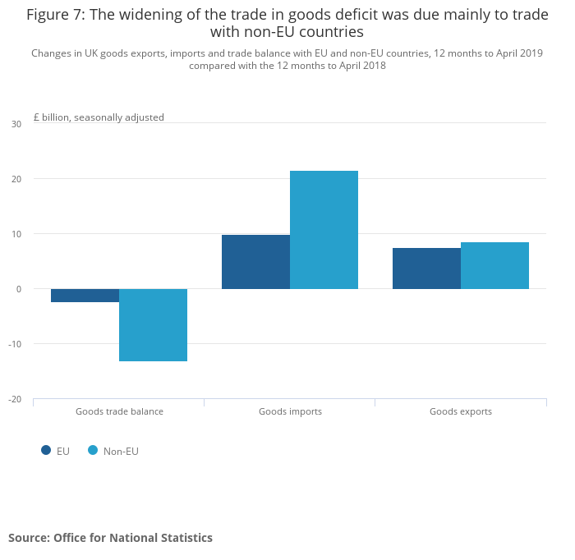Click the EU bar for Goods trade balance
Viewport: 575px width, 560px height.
coord(85,296)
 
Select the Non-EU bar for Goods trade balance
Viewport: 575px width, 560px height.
coord(153,325)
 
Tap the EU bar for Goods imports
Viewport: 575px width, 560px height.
coord(255,262)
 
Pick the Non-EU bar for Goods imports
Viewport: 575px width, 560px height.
coord(324,230)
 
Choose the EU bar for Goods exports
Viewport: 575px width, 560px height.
coord(426,269)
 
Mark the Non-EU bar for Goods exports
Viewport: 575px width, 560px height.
coord(494,265)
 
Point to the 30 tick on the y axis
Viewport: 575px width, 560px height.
coord(16,124)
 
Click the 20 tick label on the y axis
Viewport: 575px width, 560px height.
coord(16,179)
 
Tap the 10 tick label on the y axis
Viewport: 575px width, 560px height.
coord(16,234)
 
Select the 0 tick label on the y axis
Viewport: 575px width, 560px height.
coord(19,289)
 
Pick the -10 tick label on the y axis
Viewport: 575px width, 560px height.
coord(16,344)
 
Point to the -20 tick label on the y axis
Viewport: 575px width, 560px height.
coord(16,399)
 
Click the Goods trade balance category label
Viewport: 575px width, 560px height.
coord(119,411)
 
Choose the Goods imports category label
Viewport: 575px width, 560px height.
coord(290,411)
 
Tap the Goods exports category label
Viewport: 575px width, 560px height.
coord(461,411)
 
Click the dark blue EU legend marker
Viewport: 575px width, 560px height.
coord(46,450)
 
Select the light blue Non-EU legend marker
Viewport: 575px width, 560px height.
coord(93,450)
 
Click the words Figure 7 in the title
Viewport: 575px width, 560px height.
coord(55,15)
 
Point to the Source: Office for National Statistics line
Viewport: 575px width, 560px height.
coord(110,538)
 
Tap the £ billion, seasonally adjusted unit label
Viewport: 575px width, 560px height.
coord(99,117)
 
